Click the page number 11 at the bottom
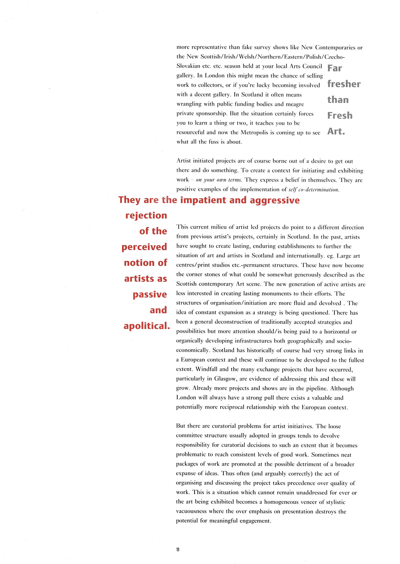(x=178, y=550)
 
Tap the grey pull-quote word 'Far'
(x=334, y=68)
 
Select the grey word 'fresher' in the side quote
(x=344, y=84)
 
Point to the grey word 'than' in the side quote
(x=338, y=100)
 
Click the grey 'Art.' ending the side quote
(x=336, y=131)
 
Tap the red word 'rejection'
(x=146, y=216)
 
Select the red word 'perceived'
(x=144, y=247)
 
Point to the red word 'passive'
(x=150, y=295)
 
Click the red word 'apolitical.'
(x=147, y=326)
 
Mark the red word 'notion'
(x=139, y=263)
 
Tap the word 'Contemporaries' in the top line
(x=336, y=47)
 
